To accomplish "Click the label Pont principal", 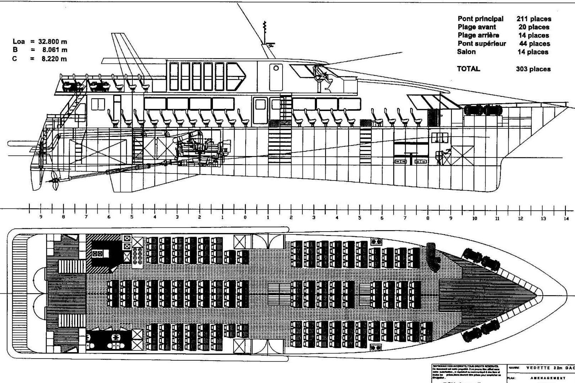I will point(480,19).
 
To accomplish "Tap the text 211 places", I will point(533,19).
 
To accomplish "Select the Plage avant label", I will point(477,27).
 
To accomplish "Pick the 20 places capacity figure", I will point(533,27).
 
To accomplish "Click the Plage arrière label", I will point(478,35).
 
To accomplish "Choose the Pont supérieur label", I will point(482,44).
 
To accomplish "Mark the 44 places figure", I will point(534,44).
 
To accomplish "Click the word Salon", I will point(466,52).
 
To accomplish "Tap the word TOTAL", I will point(469,69).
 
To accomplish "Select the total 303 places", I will point(533,69).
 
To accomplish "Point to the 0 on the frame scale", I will point(245,217).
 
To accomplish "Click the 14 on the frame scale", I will point(566,218).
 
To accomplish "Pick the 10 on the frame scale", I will point(475,218).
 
